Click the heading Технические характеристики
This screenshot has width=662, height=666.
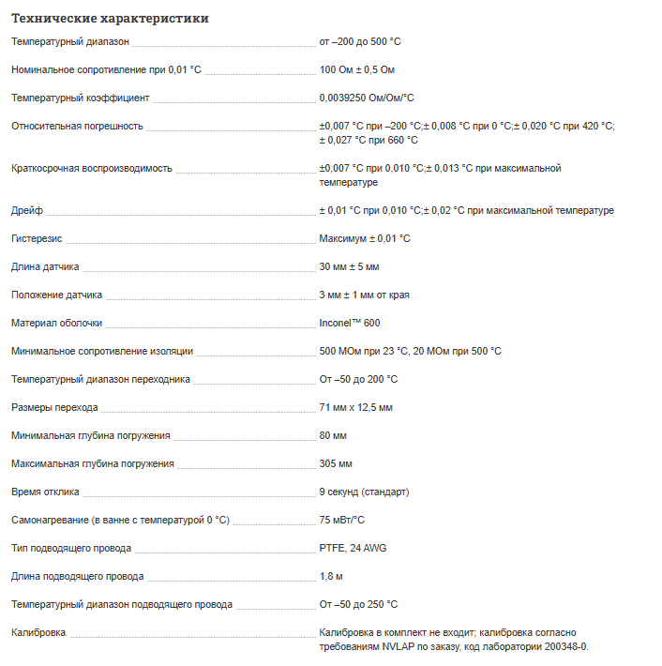coord(110,18)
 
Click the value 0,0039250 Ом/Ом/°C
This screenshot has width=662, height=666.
coord(367,98)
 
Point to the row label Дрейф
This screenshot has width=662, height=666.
coord(27,211)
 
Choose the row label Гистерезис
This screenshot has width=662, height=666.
coord(38,239)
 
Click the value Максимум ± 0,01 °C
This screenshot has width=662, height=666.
coord(365,239)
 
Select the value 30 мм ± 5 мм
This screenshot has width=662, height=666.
coord(349,267)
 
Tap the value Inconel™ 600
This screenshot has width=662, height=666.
coord(350,324)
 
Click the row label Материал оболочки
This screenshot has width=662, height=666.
coord(57,324)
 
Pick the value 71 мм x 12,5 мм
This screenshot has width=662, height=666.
coord(355,408)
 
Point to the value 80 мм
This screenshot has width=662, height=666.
coord(333,436)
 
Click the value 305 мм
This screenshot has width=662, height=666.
coord(336,464)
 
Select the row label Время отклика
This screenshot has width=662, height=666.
coord(45,492)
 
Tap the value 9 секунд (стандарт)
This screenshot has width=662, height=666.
coord(364,492)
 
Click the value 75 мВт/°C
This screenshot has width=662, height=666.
coord(341,521)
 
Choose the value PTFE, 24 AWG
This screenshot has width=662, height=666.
coord(354,549)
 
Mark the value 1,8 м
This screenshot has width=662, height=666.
coord(330,577)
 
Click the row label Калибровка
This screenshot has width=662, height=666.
coord(38,633)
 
